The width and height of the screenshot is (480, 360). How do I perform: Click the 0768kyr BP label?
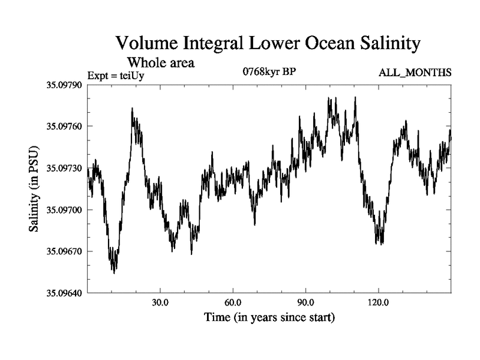(269, 73)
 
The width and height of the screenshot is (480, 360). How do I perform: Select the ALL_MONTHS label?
(415, 73)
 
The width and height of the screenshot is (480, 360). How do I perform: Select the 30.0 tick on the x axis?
(160, 302)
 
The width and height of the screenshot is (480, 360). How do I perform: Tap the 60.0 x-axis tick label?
(233, 302)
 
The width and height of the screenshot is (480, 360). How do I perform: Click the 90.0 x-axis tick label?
(305, 302)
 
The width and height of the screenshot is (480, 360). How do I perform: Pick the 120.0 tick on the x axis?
(378, 302)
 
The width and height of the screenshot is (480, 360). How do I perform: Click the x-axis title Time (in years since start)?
(269, 316)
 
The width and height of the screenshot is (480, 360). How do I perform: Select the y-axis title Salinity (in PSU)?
(34, 189)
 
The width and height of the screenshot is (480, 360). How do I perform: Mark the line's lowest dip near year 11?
(114, 272)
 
